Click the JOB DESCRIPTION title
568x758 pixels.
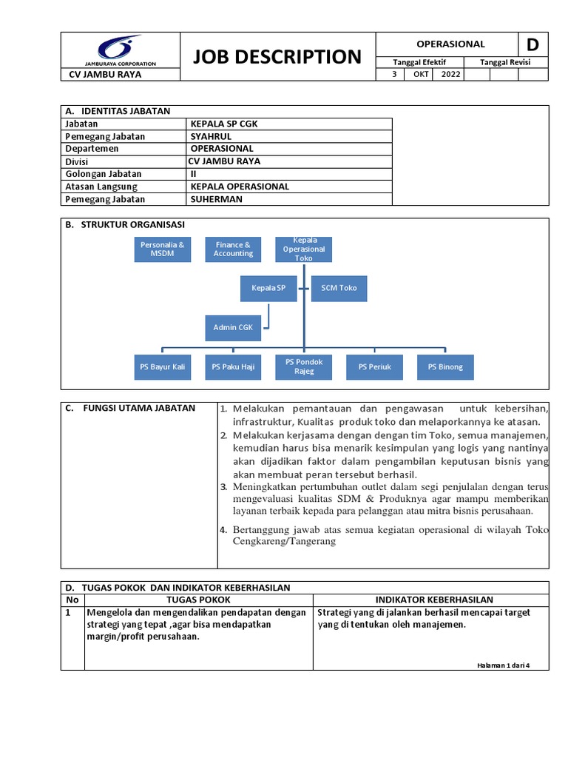[277, 56]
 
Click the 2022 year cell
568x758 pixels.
[450, 74]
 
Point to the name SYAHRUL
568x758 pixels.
[212, 136]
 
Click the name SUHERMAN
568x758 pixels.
[216, 199]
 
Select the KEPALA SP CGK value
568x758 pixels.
[224, 124]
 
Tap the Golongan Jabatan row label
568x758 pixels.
[104, 174]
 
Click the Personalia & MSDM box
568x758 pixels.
[162, 249]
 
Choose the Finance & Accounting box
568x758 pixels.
[233, 249]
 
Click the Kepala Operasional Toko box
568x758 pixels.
[304, 249]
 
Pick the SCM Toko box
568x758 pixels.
[339, 288]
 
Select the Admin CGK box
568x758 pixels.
[233, 326]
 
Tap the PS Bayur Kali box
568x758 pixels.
[162, 366]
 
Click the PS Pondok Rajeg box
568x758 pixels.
[304, 366]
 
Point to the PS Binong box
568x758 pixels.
[445, 366]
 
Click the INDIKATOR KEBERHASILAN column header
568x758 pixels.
[434, 600]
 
